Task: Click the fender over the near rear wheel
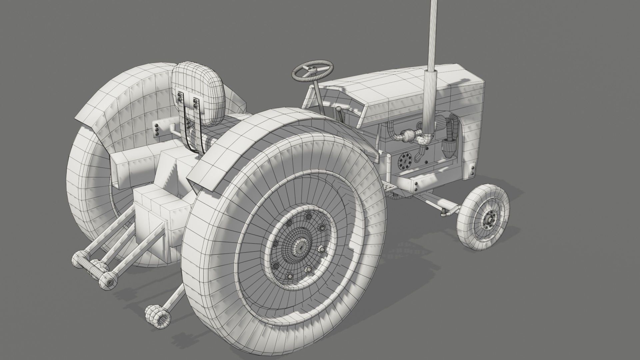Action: click(x=253, y=133)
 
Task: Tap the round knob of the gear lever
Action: click(x=339, y=109)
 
